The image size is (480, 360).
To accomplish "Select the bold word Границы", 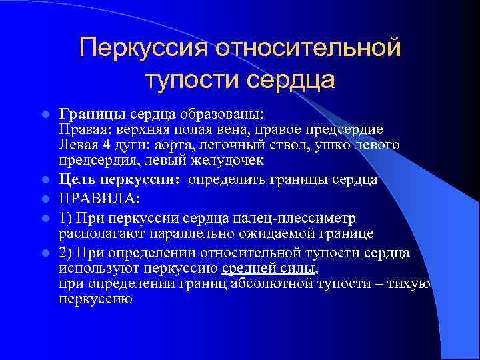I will pos(92,113).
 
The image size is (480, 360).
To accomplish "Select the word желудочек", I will pos(226,161).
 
